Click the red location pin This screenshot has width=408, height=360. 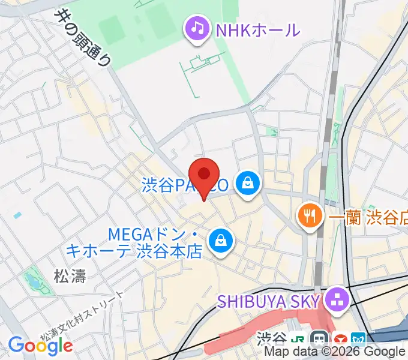click(x=205, y=176)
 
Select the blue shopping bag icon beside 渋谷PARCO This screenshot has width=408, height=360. click(x=247, y=183)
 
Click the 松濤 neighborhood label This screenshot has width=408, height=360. click(x=70, y=277)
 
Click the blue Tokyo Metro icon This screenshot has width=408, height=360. click(x=359, y=339)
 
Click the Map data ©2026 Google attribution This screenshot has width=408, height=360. click(x=335, y=352)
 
